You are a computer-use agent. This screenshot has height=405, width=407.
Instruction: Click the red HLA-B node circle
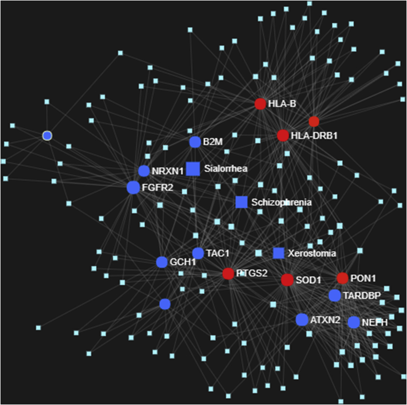(260, 104)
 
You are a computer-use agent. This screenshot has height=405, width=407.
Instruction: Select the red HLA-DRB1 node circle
(282, 136)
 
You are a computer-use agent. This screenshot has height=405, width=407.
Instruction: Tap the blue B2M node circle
(195, 142)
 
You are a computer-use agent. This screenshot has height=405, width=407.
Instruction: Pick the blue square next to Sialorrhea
(193, 169)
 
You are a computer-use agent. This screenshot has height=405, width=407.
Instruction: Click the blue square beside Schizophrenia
(241, 202)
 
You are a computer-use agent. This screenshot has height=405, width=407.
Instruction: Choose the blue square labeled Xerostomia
(278, 253)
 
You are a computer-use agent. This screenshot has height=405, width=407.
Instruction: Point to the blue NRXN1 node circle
(144, 171)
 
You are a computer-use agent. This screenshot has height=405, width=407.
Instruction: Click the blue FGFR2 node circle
(133, 187)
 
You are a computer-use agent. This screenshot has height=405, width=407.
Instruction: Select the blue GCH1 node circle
(162, 262)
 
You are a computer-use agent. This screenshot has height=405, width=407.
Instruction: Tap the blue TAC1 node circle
(198, 253)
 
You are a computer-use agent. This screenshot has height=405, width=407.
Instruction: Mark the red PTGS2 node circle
(228, 273)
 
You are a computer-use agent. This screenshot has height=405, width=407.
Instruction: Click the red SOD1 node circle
(287, 280)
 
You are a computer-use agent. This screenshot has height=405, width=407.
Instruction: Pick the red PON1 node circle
(342, 278)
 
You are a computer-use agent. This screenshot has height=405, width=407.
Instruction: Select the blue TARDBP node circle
(335, 295)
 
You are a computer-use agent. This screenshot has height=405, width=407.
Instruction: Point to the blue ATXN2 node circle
(302, 320)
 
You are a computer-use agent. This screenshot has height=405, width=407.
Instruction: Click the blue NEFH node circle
(354, 322)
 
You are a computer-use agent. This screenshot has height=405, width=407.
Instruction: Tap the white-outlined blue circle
(47, 136)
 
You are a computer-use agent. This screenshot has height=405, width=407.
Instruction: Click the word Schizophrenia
(281, 202)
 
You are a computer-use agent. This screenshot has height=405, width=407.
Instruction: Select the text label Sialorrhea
(225, 169)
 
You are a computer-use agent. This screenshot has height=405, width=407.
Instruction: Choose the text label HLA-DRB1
(314, 136)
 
